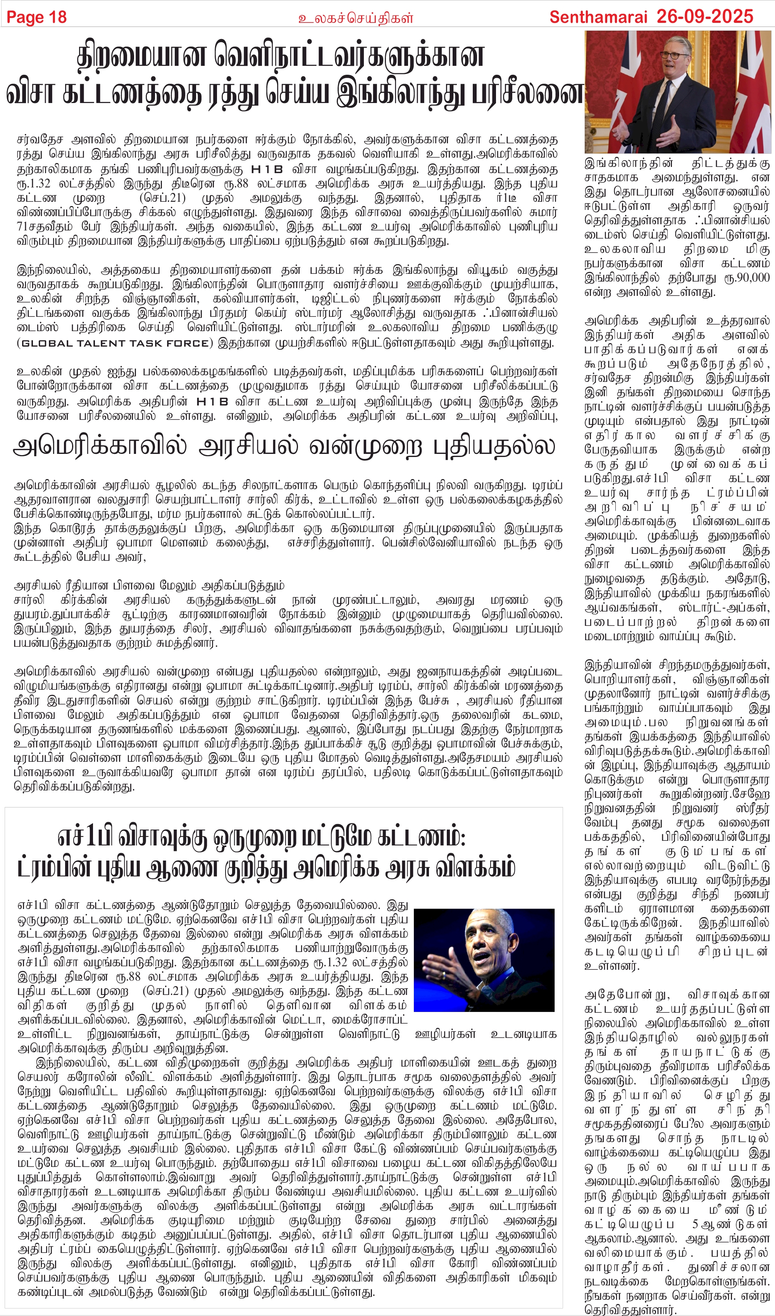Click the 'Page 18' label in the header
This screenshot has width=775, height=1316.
36,17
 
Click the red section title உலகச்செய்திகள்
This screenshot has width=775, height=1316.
355,18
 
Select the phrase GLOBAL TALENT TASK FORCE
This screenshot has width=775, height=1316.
115,343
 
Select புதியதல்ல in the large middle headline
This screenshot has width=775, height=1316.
494,447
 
